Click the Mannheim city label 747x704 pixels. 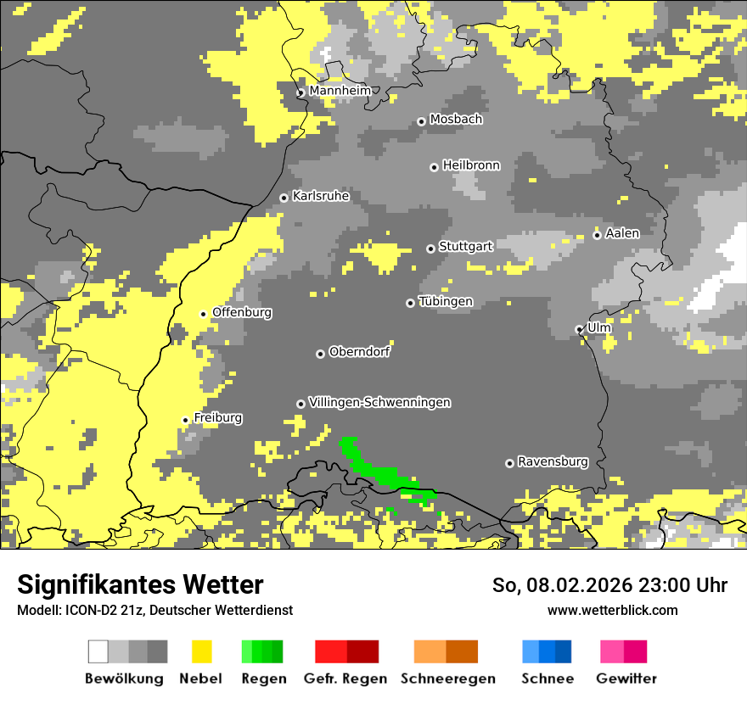340,91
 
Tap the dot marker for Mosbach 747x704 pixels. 421,122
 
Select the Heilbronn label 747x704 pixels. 471,165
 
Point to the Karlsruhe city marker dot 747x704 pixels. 284,198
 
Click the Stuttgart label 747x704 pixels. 465,247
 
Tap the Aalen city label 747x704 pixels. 622,233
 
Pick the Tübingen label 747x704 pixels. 446,302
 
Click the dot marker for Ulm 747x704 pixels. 579,329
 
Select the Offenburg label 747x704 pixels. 242,312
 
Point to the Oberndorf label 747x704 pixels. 359,352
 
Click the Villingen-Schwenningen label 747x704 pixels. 379,403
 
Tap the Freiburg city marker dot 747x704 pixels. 185,420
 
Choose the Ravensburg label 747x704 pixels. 553,462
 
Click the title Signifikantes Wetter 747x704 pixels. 140,585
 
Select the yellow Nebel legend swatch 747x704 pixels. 202,651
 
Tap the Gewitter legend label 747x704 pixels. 626,679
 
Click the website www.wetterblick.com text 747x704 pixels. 612,611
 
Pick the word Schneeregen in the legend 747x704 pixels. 447,679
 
